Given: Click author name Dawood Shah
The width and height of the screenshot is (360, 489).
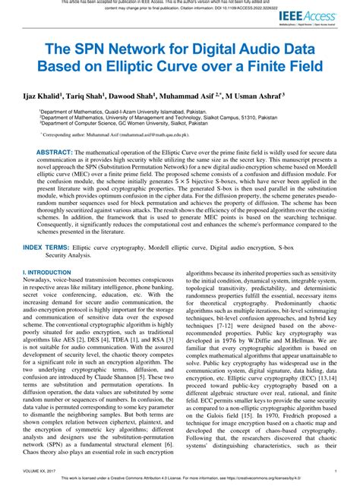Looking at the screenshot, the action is tap(128, 96).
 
